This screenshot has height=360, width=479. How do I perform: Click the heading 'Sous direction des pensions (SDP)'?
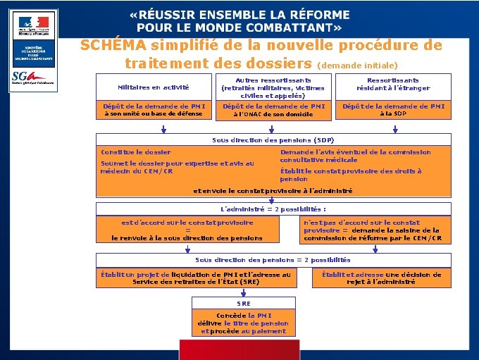click(x=273, y=140)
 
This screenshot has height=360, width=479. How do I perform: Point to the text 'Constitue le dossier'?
click(x=136, y=152)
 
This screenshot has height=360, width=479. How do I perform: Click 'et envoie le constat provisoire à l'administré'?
click(x=273, y=190)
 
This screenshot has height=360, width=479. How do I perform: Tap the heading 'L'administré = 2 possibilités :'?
click(x=273, y=209)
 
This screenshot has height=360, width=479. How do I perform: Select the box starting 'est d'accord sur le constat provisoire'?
click(x=187, y=230)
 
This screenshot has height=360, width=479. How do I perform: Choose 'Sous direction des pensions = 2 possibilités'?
click(x=273, y=260)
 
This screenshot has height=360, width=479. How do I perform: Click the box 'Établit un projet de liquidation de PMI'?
click(x=195, y=278)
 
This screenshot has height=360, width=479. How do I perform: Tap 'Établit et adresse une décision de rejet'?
click(x=381, y=278)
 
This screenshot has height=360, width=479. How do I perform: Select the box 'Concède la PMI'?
click(x=243, y=323)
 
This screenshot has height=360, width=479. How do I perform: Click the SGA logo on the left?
click(x=38, y=77)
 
